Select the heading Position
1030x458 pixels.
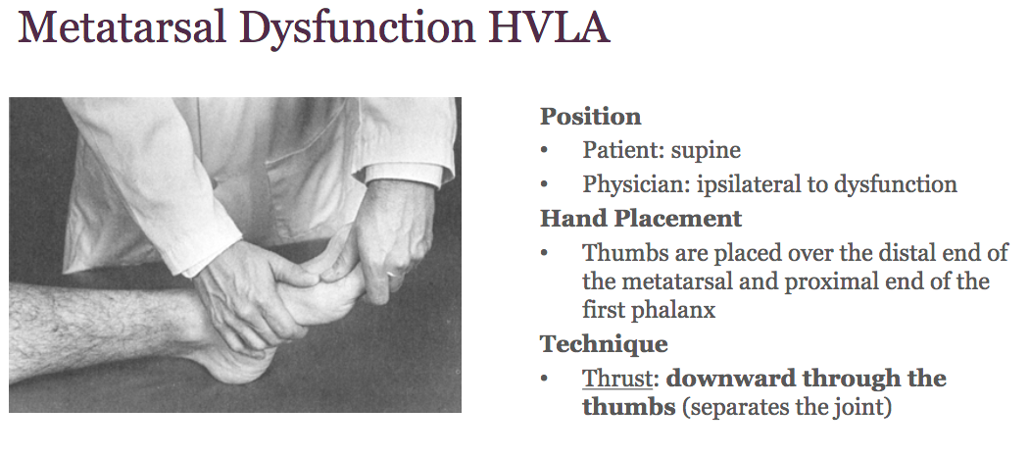(x=590, y=117)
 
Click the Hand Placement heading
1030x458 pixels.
(x=641, y=218)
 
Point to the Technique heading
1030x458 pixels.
(x=604, y=344)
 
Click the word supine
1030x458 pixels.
(x=707, y=151)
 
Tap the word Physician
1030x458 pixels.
(x=629, y=184)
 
